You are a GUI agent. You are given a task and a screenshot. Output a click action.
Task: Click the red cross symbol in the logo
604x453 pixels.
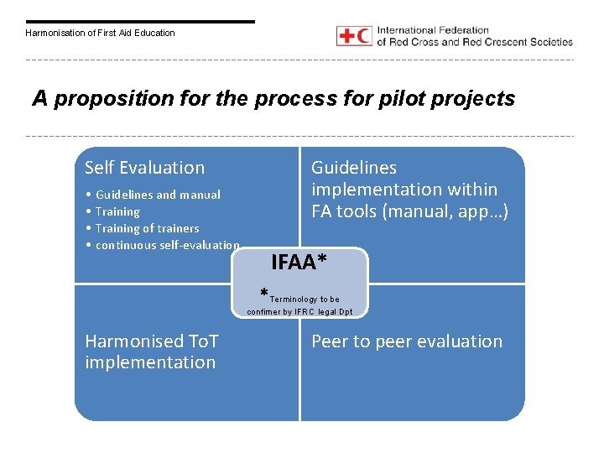pyautogui.click(x=346, y=36)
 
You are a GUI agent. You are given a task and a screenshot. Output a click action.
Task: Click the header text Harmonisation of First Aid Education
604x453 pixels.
pyautogui.click(x=100, y=33)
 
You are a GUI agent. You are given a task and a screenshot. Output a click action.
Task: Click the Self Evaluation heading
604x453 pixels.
pyautogui.click(x=144, y=168)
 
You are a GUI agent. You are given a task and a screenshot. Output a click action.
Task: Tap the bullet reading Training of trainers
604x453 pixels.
pyautogui.click(x=147, y=228)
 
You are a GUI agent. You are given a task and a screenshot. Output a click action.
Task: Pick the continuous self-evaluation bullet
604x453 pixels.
pyautogui.click(x=167, y=245)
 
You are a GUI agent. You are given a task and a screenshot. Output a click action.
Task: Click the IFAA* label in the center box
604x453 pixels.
pyautogui.click(x=299, y=263)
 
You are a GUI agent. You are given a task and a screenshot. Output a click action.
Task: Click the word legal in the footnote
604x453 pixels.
pyautogui.click(x=322, y=312)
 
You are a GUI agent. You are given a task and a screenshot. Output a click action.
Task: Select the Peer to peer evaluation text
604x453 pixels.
pyautogui.click(x=407, y=341)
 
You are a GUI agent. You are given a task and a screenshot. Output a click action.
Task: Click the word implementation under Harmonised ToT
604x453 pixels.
pyautogui.click(x=150, y=362)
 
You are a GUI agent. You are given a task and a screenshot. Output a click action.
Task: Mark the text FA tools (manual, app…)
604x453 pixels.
pyautogui.click(x=410, y=211)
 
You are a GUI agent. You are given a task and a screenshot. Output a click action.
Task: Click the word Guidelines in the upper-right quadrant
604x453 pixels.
pyautogui.click(x=354, y=168)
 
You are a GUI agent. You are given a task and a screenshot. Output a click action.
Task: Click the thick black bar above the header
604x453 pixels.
pyautogui.click(x=139, y=22)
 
